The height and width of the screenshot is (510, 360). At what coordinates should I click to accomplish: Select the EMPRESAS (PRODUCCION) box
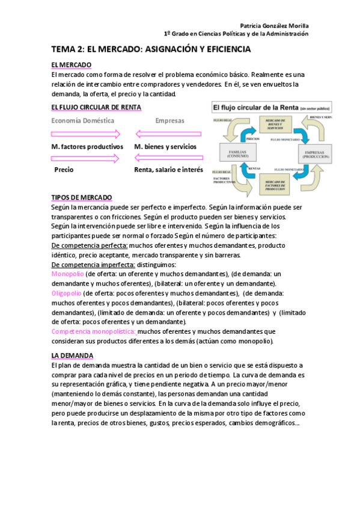(x=314, y=156)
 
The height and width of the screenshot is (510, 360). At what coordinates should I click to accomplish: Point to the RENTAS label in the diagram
(x=254, y=168)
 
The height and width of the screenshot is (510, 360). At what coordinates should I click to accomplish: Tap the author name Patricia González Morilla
(x=274, y=26)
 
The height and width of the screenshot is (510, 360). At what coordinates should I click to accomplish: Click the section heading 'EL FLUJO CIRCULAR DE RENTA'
(x=96, y=107)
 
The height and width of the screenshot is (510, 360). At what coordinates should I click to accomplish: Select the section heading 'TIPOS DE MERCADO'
(x=82, y=198)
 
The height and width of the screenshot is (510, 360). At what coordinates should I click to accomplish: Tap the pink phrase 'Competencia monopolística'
(x=93, y=331)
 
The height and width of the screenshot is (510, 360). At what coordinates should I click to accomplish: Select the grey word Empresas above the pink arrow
(x=170, y=120)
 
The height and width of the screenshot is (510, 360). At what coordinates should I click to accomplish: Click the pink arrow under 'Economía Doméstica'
(x=86, y=134)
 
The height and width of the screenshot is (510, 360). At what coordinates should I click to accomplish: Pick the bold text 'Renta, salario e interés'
(x=169, y=170)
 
